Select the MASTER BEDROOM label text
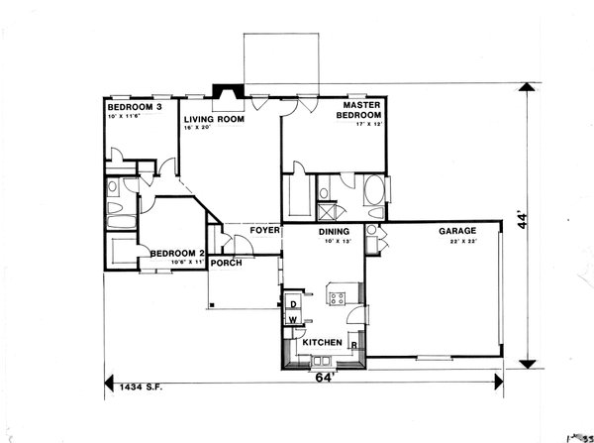tap(362, 109)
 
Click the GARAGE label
tap(458, 231)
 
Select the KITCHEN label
tap(322, 343)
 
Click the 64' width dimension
tap(323, 377)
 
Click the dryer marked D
tap(293, 304)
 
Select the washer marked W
tap(293, 319)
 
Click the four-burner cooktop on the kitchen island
tap(337, 296)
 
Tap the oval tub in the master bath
tap(375, 191)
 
